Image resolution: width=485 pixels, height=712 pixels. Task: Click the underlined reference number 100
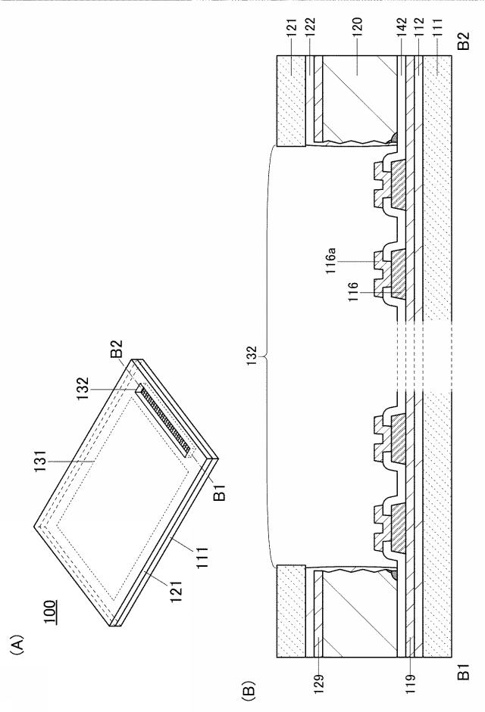50,613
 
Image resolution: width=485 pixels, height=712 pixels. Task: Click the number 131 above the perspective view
42,462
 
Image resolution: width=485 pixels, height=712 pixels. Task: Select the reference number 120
356,30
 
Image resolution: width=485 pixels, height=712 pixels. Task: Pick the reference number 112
418,30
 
